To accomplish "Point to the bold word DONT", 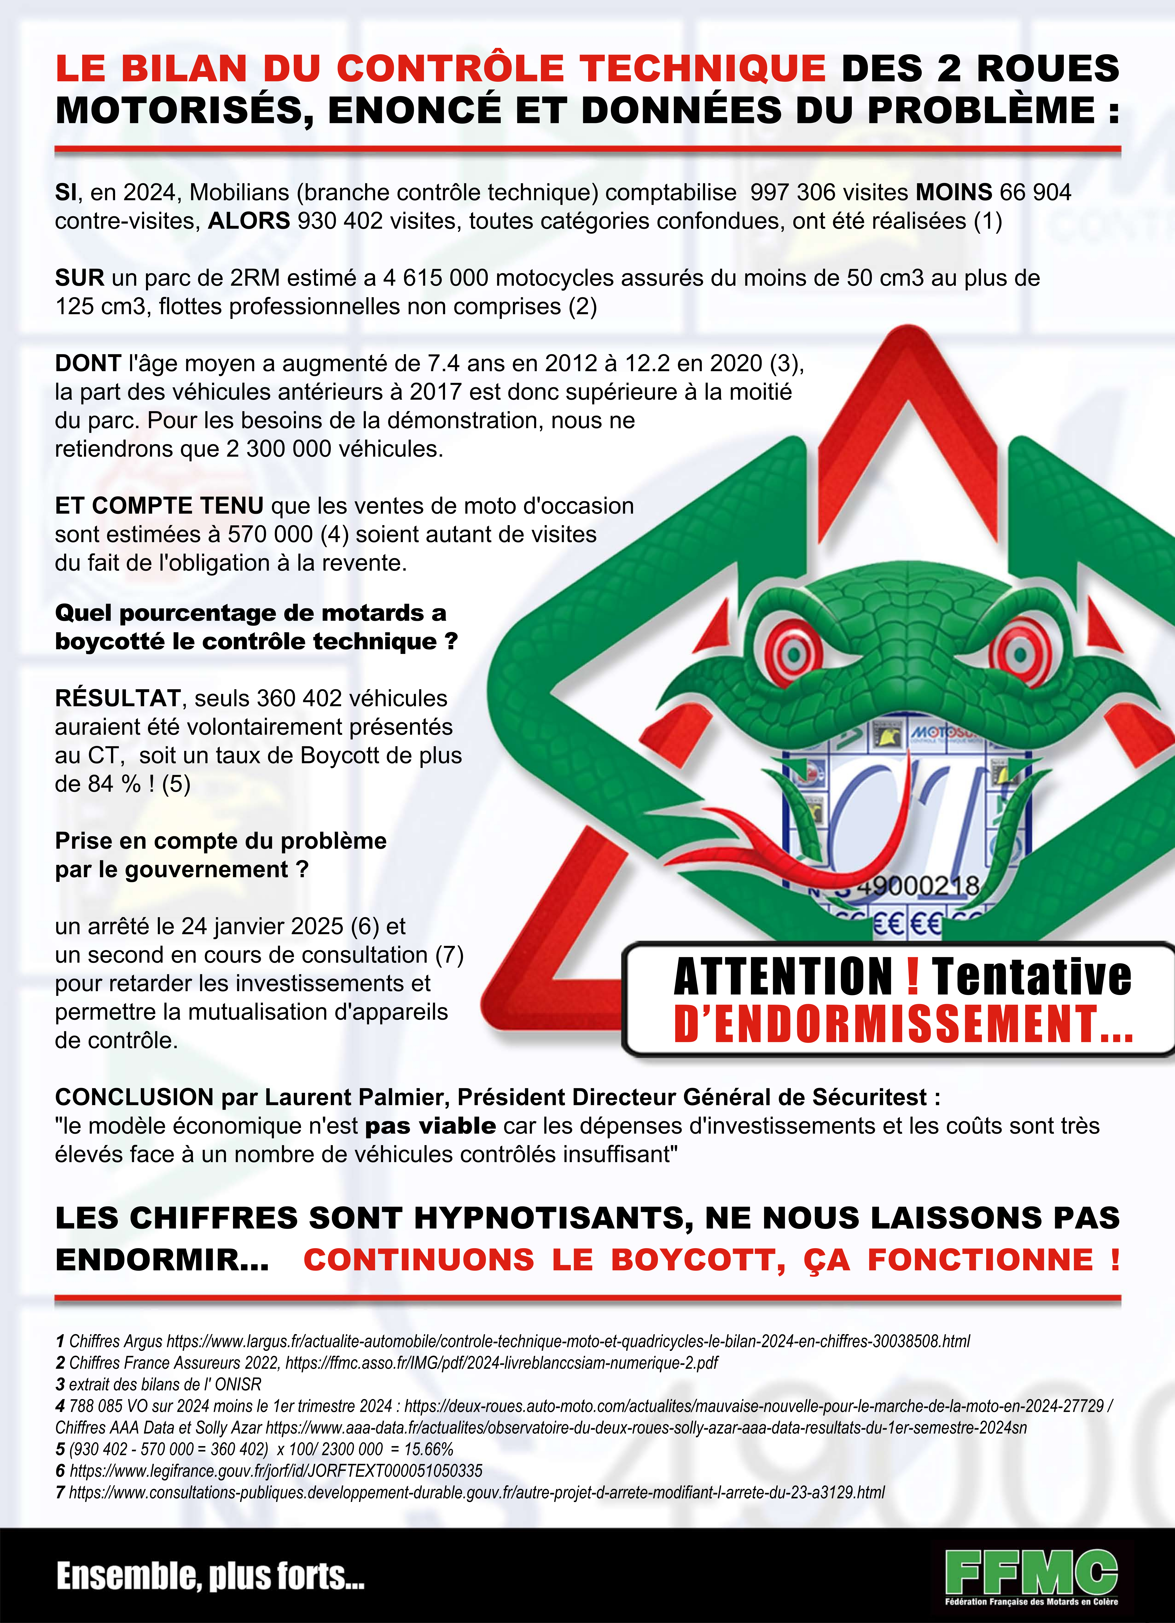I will coord(87,364).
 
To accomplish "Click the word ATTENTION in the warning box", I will coord(783,977).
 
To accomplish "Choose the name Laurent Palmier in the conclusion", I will coord(354,1097).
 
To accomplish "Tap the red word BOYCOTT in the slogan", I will coord(698,1260).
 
